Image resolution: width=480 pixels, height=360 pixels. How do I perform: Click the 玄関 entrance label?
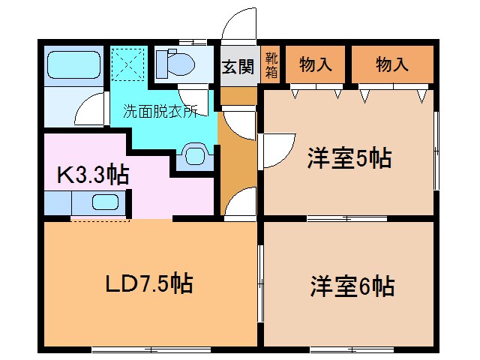[x=238, y=66]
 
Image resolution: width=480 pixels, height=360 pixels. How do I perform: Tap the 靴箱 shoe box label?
[x=271, y=65]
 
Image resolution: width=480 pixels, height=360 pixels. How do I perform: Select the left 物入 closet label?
[x=316, y=64]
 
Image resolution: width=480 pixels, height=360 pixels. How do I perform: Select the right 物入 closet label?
[x=392, y=64]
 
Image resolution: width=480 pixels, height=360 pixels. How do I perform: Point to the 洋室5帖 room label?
[x=349, y=158]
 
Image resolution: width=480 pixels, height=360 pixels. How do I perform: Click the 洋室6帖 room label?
[x=352, y=286]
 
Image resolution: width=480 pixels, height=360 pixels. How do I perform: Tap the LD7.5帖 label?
[x=148, y=283]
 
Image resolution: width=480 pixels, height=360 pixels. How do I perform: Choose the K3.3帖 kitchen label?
[x=93, y=175]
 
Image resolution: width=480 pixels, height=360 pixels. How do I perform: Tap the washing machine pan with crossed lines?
[x=128, y=61]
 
